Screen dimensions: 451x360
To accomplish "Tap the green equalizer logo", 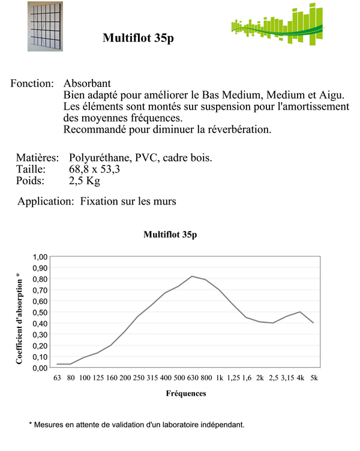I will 277,28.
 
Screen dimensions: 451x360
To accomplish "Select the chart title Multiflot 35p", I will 170,235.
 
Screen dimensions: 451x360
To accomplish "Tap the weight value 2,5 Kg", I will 85,181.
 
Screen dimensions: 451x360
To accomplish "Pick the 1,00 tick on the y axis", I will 40,256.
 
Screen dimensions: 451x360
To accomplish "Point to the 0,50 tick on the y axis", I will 40,312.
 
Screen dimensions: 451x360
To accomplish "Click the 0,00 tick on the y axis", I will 40,368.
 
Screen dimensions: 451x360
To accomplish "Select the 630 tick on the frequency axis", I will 192,378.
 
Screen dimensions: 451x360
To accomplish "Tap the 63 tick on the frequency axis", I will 57,378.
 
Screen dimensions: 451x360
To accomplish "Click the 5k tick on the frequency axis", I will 314,378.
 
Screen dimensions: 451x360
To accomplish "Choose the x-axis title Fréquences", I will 186,394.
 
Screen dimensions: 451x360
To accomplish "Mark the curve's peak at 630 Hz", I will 192,276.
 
